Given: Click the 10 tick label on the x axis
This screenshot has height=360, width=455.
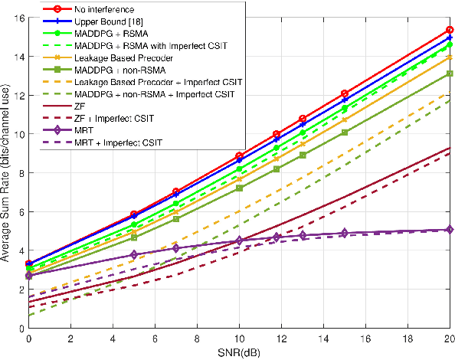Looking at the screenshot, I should pos(239,338).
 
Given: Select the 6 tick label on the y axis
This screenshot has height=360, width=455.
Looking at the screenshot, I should pos(21,211).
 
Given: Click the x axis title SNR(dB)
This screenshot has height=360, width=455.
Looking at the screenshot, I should pos(239,351).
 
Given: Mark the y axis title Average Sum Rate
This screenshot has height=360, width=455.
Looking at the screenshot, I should pos(6,172).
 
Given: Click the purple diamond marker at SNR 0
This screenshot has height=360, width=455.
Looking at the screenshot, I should pos(29,276).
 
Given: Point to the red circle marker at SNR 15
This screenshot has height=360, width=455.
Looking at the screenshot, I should pos(345,93).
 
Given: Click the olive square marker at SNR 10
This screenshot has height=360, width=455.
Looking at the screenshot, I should pos(239,188).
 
